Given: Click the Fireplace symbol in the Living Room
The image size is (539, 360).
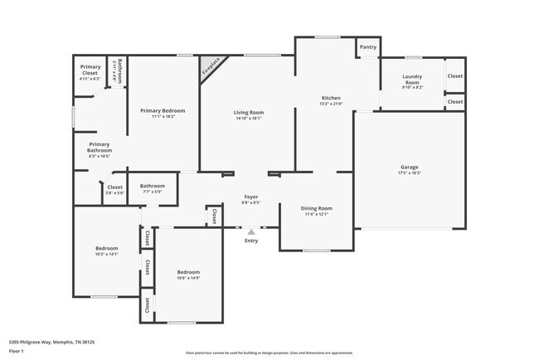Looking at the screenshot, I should tap(211, 66).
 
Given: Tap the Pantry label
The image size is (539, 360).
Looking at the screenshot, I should tap(368, 47).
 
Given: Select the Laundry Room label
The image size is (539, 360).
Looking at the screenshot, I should tap(412, 80).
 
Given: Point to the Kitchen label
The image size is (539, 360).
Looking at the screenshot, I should tap(331, 98).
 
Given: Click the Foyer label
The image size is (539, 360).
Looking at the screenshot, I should tap(250, 197).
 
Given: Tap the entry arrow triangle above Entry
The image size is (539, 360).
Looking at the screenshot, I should tap(251, 231).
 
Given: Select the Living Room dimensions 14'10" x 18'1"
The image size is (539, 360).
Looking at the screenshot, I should tap(248, 118).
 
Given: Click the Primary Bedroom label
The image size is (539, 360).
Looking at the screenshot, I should tap(163, 110).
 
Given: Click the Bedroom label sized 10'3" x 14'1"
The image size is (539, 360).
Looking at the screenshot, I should tap(106, 248).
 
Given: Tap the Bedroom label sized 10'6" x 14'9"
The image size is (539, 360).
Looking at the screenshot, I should tap(188, 272).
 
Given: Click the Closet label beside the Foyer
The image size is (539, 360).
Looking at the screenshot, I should tap(214, 216).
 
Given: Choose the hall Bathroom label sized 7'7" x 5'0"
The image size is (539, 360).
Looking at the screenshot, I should tap(152, 186).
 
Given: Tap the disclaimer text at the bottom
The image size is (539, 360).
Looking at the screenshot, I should tap(269, 353).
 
